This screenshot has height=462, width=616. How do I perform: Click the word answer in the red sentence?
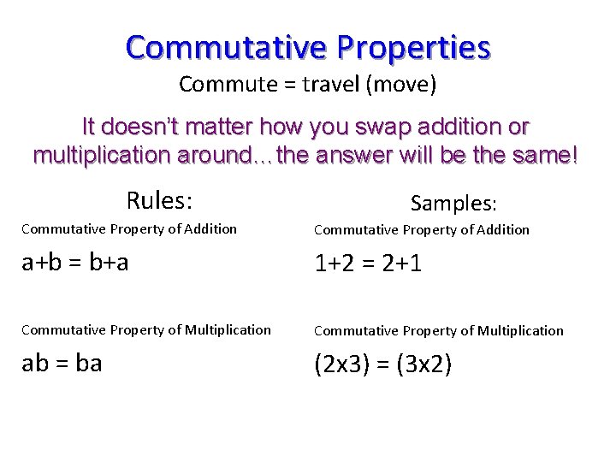pyautogui.click(x=362, y=156)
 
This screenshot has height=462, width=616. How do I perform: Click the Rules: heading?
pyautogui.click(x=159, y=201)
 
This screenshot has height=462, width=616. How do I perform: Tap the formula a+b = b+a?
pyautogui.click(x=75, y=262)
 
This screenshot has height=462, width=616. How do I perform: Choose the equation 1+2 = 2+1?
pyautogui.click(x=368, y=263)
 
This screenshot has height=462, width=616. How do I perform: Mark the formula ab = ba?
pyautogui.click(x=62, y=363)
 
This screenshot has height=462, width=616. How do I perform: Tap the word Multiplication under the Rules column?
pyautogui.click(x=225, y=329)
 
